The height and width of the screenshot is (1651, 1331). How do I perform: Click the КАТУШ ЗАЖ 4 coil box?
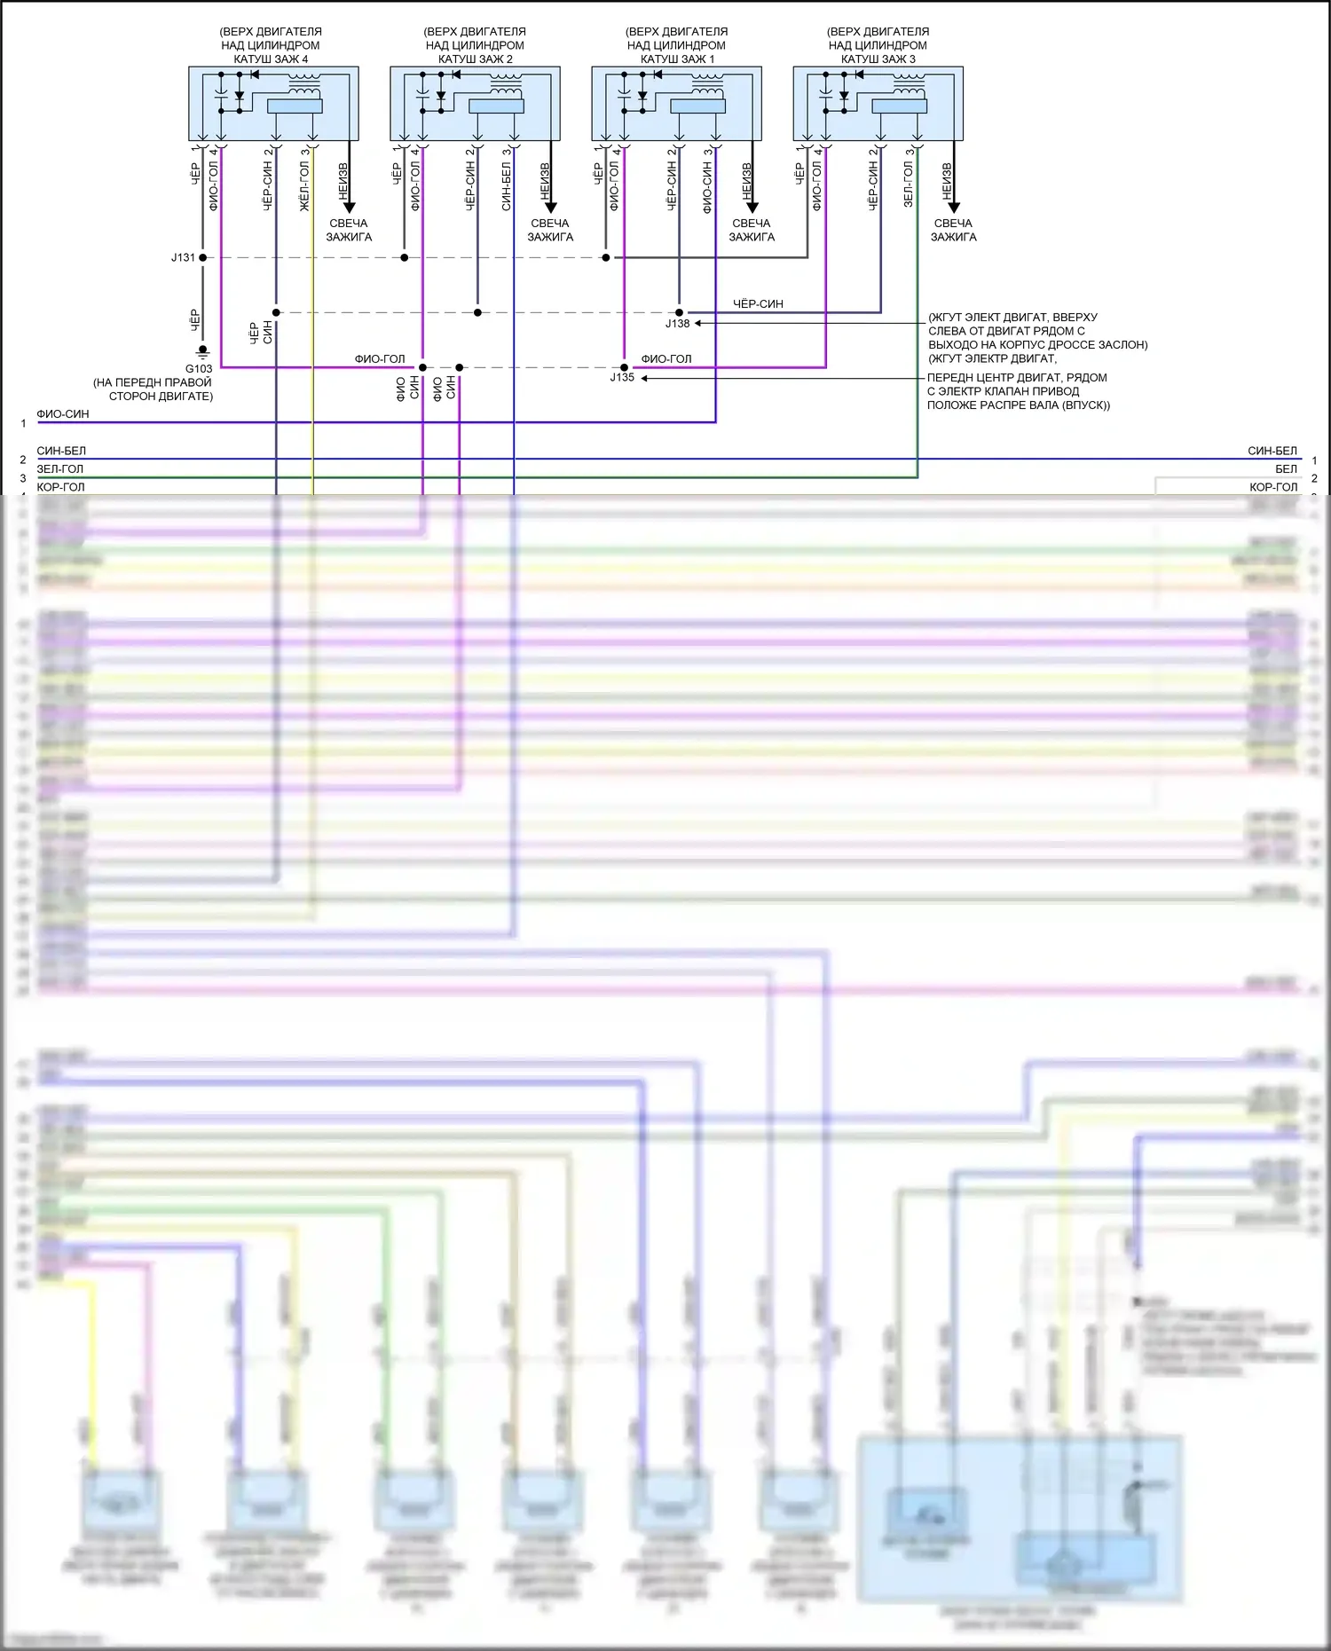[273, 103]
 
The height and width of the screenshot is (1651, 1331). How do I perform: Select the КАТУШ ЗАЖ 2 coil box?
[475, 103]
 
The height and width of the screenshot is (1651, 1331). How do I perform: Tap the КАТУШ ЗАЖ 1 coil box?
[676, 103]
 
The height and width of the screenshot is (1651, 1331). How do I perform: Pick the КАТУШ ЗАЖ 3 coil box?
[878, 103]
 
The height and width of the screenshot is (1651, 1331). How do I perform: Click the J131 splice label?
[183, 257]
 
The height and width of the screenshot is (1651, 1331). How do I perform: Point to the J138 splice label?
[677, 324]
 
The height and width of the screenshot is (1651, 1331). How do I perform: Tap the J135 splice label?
[622, 378]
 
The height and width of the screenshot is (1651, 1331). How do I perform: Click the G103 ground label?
[199, 369]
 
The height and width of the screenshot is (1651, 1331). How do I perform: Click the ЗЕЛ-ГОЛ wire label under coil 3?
[908, 183]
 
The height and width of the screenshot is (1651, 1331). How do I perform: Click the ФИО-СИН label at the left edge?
[62, 414]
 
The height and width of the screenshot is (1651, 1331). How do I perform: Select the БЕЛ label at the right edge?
[1286, 469]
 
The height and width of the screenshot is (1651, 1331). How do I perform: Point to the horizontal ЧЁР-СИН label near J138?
[758, 304]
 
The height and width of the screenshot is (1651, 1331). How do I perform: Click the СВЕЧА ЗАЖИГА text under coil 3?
[953, 231]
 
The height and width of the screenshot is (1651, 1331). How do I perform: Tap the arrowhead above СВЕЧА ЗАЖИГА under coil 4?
[349, 207]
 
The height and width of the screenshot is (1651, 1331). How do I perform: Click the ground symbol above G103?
[202, 351]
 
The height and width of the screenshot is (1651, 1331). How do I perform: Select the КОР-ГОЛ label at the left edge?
[60, 487]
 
